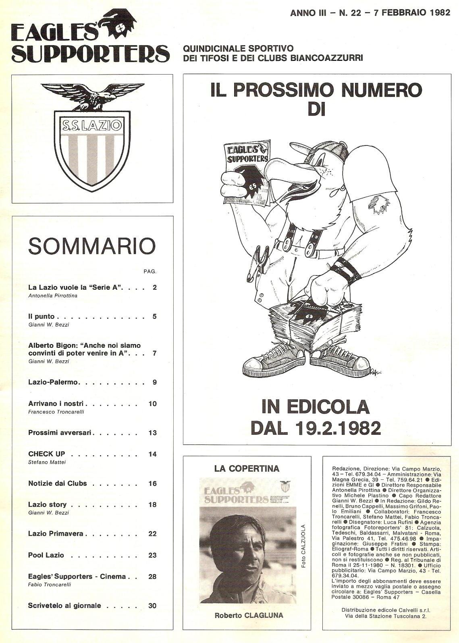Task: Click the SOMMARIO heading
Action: click(x=91, y=246)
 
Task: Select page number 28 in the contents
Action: click(x=152, y=577)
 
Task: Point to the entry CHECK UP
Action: click(x=47, y=454)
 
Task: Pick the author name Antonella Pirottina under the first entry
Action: click(x=53, y=296)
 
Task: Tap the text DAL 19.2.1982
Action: click(x=316, y=428)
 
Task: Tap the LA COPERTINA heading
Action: click(x=247, y=469)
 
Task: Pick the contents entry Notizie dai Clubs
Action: click(x=58, y=483)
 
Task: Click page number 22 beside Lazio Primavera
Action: click(x=152, y=534)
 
